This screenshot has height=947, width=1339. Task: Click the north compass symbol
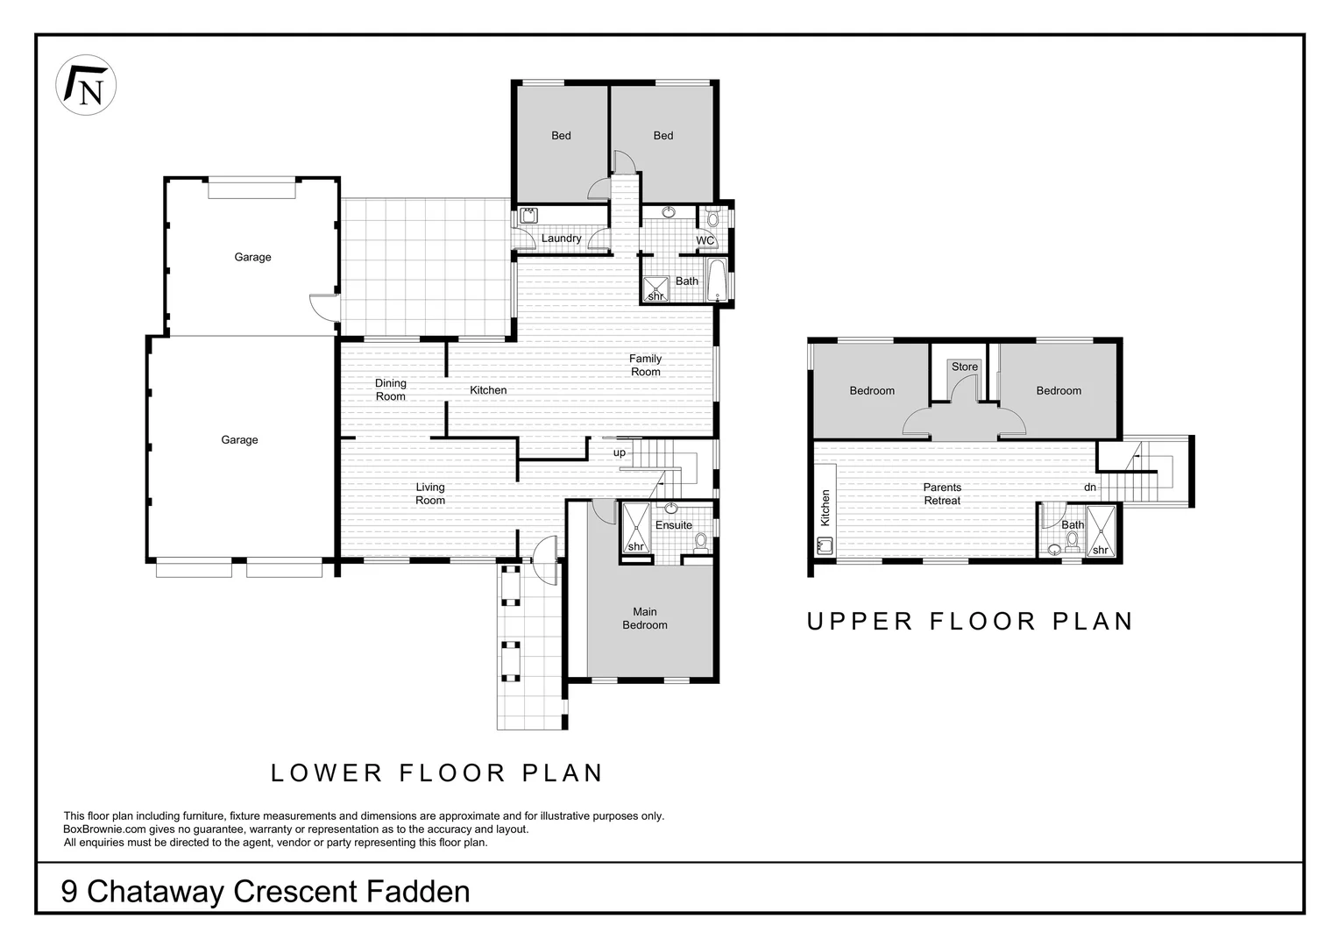coord(86,85)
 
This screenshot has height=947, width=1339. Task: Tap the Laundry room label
coord(562,239)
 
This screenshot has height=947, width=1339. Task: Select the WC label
coord(705,240)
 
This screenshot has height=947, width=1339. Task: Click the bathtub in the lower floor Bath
coord(716,280)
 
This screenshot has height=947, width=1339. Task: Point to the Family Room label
coord(646,365)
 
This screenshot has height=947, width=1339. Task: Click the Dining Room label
coord(390,389)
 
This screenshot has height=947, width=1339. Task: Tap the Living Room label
coord(430,494)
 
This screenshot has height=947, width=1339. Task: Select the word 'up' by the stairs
coord(620,452)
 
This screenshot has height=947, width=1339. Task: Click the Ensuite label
coord(674,524)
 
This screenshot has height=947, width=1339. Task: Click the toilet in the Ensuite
coord(700,543)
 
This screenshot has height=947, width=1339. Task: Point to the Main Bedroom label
coord(645,618)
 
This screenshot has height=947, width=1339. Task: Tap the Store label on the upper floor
coord(964,367)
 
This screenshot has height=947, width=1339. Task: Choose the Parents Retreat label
coord(942,495)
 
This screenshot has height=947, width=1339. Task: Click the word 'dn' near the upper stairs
coord(1090,487)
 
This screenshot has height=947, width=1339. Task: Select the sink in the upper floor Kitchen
coord(825,545)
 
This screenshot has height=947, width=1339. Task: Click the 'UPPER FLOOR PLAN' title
coord(969,622)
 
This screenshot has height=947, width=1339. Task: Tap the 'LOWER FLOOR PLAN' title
coord(437,773)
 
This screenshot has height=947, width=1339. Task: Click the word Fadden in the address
coord(418,892)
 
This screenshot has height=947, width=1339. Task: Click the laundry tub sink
coord(528,216)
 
